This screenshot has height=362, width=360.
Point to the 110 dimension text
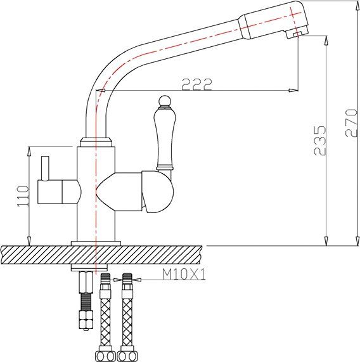tap(22, 197)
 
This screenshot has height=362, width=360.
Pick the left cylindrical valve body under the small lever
tap(57, 191)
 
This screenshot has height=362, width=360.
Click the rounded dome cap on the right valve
tap(157, 193)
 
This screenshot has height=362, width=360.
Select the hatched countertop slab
tap(101, 256)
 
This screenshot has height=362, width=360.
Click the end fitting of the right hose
tap(129, 355)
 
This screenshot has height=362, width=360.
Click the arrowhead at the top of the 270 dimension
tap(352, 4)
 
